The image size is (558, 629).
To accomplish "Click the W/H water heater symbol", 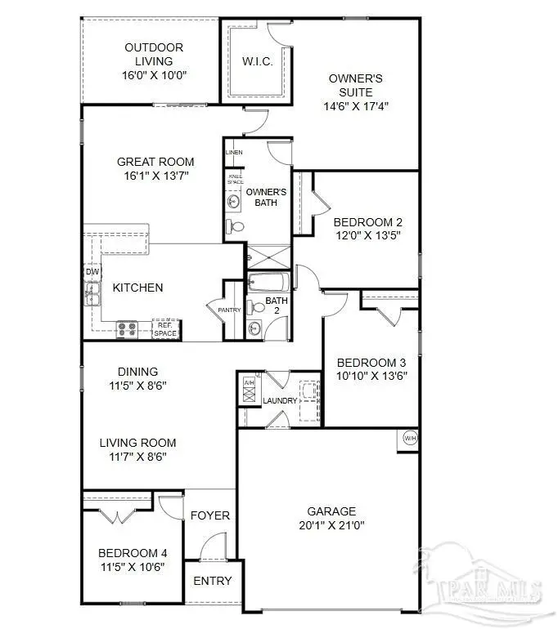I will click(408, 437).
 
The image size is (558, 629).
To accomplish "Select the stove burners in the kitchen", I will click(128, 329).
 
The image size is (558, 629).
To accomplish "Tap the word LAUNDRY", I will click(279, 400).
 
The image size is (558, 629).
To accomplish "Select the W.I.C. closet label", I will click(257, 62).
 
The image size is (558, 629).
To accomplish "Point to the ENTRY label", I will click(213, 581).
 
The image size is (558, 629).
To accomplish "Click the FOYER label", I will click(210, 515).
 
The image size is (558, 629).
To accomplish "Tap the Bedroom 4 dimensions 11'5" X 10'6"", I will click(132, 566).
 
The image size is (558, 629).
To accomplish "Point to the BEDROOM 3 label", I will click(372, 363).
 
